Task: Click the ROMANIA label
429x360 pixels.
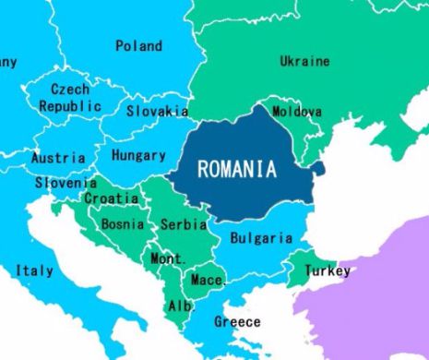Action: click(x=237, y=170)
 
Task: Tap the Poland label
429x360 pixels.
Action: click(x=138, y=46)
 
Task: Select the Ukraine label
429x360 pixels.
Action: click(x=304, y=62)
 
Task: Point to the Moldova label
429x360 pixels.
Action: click(x=297, y=112)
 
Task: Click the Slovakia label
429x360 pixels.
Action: click(x=158, y=111)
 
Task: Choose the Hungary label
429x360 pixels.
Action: click(x=138, y=156)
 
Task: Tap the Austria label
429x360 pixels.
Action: click(x=58, y=158)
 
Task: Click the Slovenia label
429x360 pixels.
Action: click(x=66, y=183)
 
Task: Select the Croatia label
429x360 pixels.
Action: click(x=112, y=198)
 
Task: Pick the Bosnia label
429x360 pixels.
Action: click(x=122, y=223)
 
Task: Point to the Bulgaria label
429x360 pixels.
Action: click(x=261, y=238)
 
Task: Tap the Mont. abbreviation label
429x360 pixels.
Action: click(x=168, y=258)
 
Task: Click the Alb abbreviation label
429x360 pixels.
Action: click(x=179, y=306)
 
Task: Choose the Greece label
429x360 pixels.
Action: click(x=237, y=322)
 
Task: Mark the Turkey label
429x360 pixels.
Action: click(x=328, y=271)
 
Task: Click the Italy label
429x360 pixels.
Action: click(x=34, y=270)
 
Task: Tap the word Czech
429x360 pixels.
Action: click(x=70, y=90)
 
